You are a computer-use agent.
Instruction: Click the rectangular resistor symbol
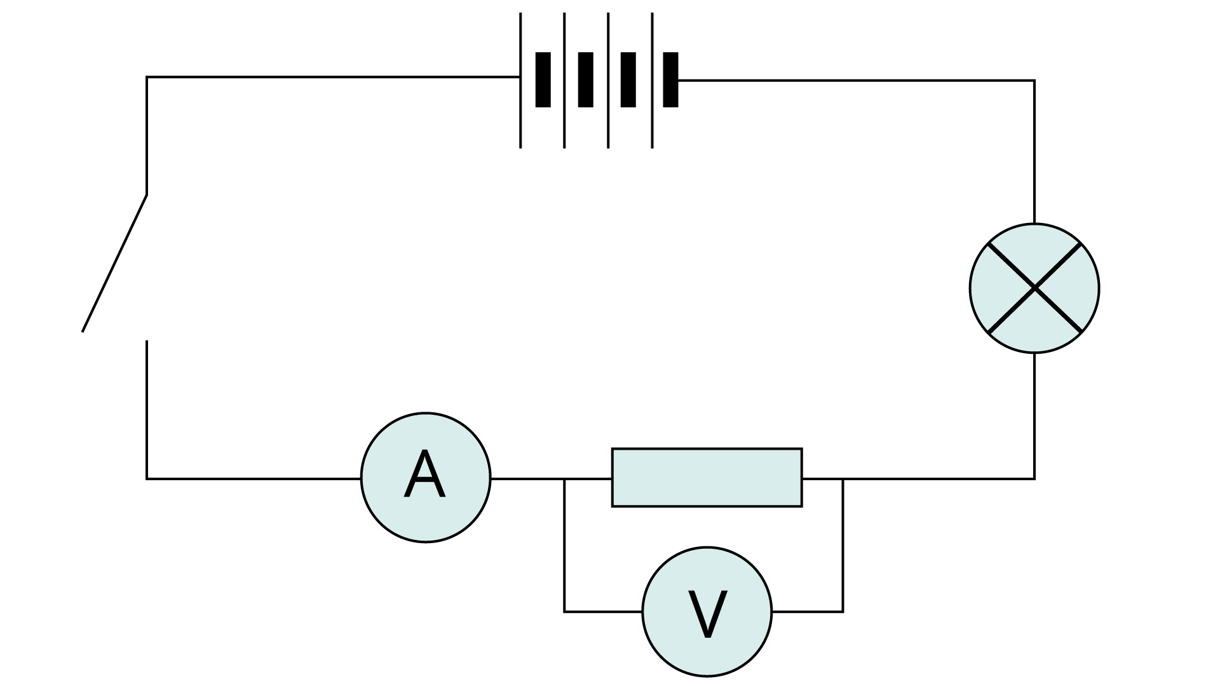[707, 478]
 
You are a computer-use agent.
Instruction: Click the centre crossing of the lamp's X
[1034, 288]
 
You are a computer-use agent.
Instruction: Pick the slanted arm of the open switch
[114, 264]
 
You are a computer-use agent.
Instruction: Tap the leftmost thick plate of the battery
[543, 80]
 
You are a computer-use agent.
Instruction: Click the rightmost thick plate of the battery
[670, 80]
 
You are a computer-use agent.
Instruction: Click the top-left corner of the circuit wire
[147, 77]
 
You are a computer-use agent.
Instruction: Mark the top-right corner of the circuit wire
[1034, 81]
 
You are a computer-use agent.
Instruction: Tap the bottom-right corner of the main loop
[1034, 478]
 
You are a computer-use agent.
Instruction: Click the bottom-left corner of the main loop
[147, 478]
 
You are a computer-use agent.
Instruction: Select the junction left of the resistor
[564, 479]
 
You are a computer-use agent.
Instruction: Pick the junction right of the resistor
[843, 479]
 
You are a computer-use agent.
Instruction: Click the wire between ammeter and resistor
[527, 478]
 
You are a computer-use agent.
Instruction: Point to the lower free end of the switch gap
[147, 342]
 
